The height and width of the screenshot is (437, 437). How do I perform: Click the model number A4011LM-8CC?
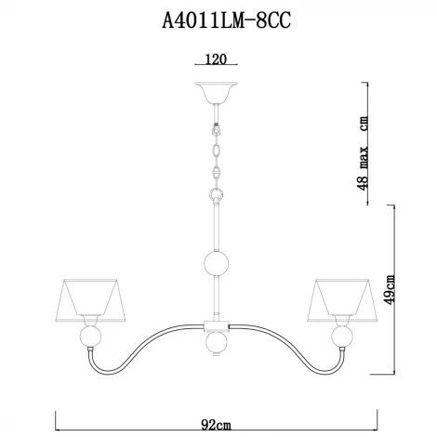click(x=218, y=20)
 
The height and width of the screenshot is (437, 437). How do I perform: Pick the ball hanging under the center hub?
click(x=217, y=346)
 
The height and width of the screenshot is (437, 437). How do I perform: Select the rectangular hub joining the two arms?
click(x=217, y=326)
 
